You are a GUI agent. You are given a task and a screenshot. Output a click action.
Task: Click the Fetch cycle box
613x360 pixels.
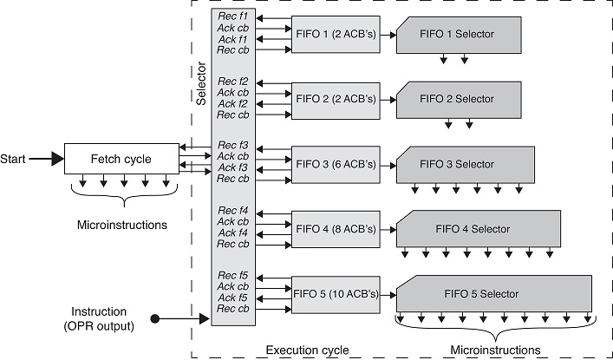tap(121, 159)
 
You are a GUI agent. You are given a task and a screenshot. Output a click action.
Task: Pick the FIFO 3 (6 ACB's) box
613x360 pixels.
tap(336, 162)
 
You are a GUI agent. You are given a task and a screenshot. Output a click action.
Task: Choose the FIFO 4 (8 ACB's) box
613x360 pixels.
tap(336, 229)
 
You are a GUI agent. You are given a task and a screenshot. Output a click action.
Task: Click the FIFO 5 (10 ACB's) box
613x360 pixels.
tap(336, 294)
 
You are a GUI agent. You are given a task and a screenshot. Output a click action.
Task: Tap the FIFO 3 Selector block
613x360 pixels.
tap(465, 164)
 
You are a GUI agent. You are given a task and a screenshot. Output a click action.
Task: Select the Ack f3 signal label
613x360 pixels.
tap(232, 167)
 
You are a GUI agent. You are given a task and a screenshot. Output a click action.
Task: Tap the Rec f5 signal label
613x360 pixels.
tap(232, 277)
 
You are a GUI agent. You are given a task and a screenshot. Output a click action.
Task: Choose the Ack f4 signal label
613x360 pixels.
tap(232, 232)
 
